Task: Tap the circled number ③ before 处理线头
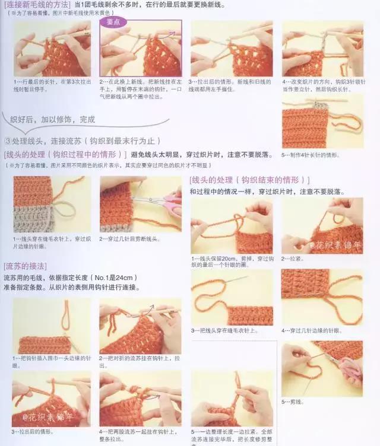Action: (x=8, y=141)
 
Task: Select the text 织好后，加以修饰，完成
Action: (x=53, y=119)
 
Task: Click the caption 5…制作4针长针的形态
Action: (x=311, y=155)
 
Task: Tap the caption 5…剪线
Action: (x=293, y=402)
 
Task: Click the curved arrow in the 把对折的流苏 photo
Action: (x=147, y=309)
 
